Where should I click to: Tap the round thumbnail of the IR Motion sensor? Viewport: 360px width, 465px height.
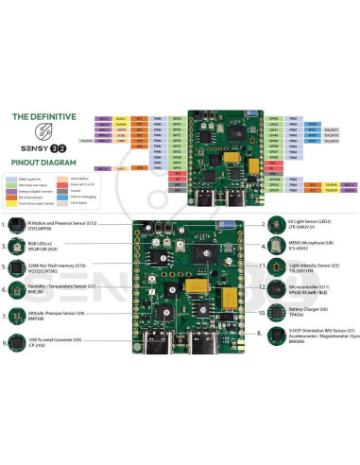tap(19, 225)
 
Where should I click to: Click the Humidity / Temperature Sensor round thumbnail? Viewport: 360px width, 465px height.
tap(19, 288)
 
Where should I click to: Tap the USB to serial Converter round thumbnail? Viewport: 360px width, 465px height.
tap(19, 342)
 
